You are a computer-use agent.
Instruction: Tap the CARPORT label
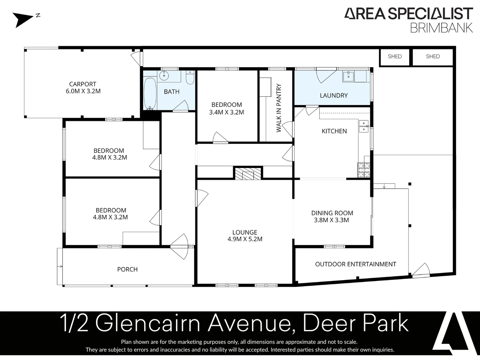(x=83, y=84)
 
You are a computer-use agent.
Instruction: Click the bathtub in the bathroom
(x=150, y=93)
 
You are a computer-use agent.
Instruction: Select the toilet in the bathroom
(x=190, y=77)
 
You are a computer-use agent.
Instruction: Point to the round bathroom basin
(x=164, y=76)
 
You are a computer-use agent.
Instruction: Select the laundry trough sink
(x=349, y=76)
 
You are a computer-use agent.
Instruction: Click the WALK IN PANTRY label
(x=279, y=108)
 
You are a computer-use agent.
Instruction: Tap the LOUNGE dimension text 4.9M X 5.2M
(x=245, y=239)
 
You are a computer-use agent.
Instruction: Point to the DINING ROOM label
(x=332, y=213)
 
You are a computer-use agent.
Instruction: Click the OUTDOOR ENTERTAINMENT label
(x=355, y=264)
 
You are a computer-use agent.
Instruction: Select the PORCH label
(x=127, y=269)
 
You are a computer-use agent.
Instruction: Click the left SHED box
(x=395, y=57)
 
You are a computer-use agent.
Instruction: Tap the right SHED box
(x=433, y=57)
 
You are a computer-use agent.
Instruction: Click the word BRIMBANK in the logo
(x=441, y=28)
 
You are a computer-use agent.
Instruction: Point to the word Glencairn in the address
(x=148, y=323)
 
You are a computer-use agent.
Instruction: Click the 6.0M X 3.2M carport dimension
(x=83, y=91)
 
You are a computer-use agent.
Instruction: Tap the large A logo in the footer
(x=455, y=333)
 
